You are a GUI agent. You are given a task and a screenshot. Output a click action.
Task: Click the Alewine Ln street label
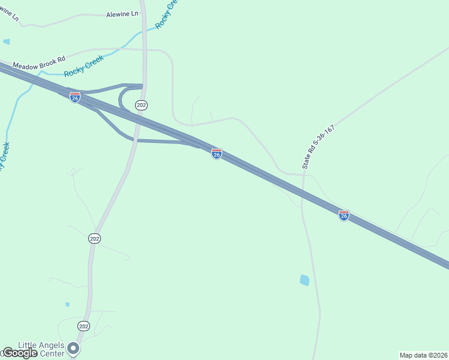(122, 13)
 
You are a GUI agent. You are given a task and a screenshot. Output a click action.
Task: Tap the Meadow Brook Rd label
(38, 63)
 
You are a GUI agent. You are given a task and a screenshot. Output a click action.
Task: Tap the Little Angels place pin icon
(73, 348)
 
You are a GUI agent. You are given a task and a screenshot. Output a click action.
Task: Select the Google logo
(19, 353)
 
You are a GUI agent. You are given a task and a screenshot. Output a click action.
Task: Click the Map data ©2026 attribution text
(423, 355)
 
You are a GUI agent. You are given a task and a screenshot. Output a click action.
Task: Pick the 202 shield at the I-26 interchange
(141, 105)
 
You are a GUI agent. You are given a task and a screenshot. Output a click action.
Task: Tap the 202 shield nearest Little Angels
(83, 326)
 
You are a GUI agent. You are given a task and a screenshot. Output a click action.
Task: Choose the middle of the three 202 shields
(94, 238)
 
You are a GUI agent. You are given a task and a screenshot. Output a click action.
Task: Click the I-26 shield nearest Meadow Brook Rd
(75, 97)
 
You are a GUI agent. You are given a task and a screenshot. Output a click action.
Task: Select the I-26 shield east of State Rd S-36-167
(343, 215)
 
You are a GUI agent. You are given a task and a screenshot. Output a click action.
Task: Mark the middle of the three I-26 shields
(217, 154)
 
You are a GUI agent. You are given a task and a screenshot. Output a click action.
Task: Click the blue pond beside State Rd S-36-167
(304, 280)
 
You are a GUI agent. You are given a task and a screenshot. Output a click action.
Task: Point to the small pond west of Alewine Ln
(6, 41)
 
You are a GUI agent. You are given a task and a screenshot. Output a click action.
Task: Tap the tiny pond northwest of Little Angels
(67, 304)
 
